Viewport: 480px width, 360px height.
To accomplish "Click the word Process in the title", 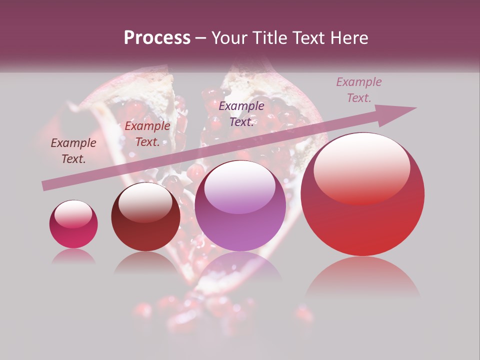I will pyautogui.click(x=157, y=38).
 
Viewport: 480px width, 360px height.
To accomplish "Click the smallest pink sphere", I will pyautogui.click(x=73, y=224).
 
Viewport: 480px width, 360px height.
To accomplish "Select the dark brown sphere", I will pyautogui.click(x=145, y=217).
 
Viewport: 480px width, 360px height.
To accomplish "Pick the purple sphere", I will pyautogui.click(x=240, y=206).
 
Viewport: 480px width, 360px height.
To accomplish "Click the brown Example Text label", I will pyautogui.click(x=73, y=151).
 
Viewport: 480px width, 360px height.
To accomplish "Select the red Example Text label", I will pyautogui.click(x=147, y=134).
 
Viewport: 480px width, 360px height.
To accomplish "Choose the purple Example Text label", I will pyautogui.click(x=241, y=114).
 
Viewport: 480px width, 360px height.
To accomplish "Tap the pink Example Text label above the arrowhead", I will pyautogui.click(x=359, y=90).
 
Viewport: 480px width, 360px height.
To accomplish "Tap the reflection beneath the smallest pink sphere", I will pyautogui.click(x=73, y=256).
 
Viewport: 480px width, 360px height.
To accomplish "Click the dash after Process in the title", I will pyautogui.click(x=201, y=38).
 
